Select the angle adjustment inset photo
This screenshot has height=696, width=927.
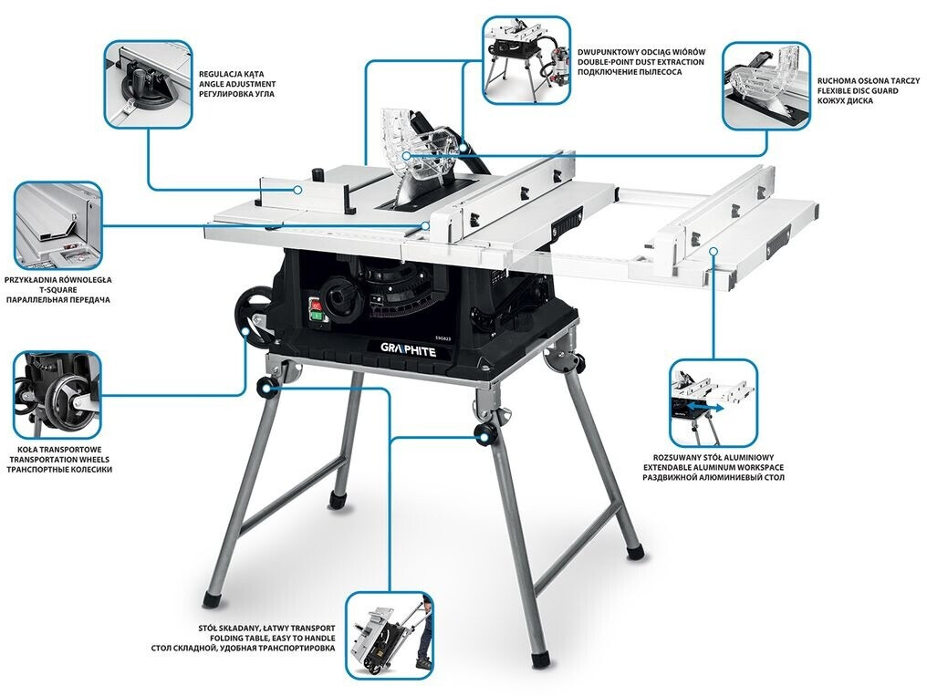[149, 85]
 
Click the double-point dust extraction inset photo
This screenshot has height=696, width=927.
[526, 61]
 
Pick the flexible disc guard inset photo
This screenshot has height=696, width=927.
[766, 86]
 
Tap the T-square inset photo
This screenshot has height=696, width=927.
[58, 225]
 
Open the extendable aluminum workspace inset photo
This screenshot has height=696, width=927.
[713, 403]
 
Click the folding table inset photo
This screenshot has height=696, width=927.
[390, 636]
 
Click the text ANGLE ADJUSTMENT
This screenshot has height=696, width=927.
[237, 85]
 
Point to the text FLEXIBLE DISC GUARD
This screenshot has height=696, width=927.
[858, 91]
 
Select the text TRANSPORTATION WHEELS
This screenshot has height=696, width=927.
[59, 459]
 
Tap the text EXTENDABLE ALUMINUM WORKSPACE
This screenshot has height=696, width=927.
[713, 467]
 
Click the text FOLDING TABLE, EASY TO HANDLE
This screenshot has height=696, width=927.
[273, 639]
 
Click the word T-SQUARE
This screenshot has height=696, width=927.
[58, 290]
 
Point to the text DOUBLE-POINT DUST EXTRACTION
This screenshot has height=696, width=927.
[641, 61]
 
